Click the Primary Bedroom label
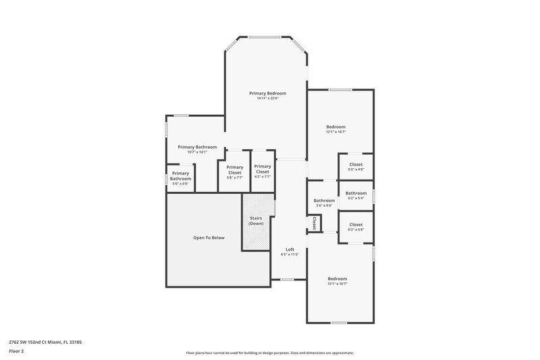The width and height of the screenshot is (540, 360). (267, 93)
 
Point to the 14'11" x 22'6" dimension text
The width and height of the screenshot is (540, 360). (267, 99)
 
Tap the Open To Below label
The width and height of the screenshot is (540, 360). (209, 238)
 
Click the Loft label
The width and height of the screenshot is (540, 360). (290, 249)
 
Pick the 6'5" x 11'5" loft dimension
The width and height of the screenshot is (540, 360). (290, 255)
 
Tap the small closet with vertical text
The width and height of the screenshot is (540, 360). (314, 222)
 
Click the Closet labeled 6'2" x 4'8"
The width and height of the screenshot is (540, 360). (356, 167)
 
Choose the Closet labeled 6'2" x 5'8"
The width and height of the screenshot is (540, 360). (356, 227)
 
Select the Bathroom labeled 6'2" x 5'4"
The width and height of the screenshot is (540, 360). (356, 196)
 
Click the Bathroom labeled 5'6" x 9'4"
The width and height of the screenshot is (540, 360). (324, 203)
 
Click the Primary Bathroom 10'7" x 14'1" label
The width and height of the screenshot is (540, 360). (197, 149)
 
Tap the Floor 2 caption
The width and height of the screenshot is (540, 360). (17, 352)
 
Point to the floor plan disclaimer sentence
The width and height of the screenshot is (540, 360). (269, 353)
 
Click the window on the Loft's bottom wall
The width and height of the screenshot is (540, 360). (288, 280)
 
